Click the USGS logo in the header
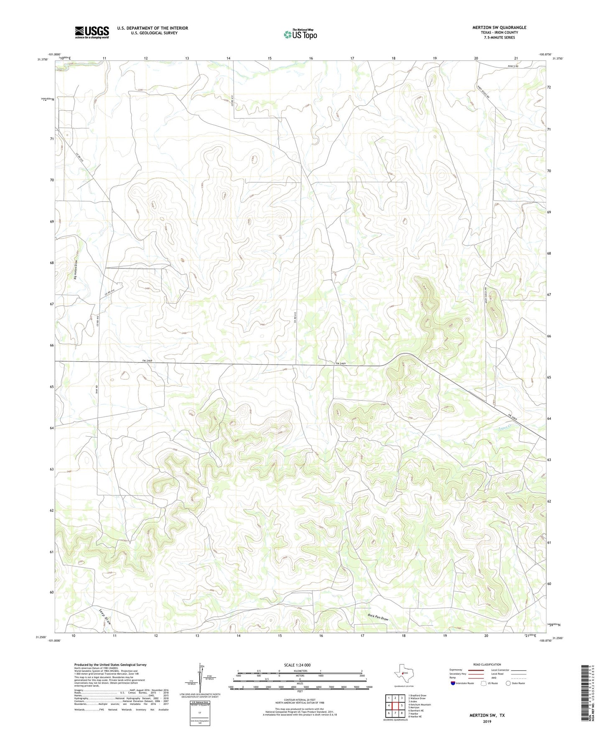(92, 32)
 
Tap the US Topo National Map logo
(300, 34)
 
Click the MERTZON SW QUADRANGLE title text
(499, 28)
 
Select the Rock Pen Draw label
(378, 617)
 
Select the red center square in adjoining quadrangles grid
(395, 705)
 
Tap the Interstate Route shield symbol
(453, 683)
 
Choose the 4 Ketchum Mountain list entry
(419, 704)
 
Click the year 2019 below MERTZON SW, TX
(487, 721)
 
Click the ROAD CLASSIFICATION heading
(487, 664)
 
